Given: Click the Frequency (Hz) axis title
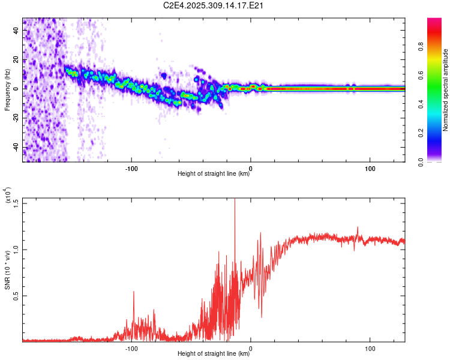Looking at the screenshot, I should point(7,90).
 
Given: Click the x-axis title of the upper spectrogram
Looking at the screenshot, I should point(214,174).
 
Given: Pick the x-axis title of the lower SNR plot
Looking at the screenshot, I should point(214,354).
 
